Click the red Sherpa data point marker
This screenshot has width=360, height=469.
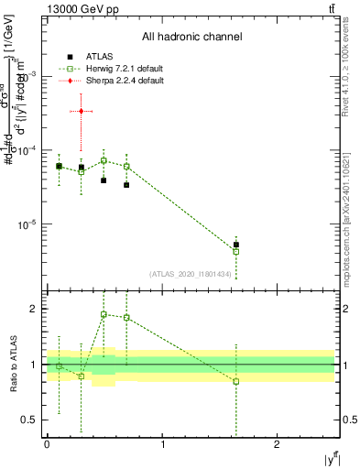(x=82, y=111)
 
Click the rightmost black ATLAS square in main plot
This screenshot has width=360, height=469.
(x=236, y=245)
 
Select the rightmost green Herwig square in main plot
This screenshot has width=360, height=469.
(x=236, y=251)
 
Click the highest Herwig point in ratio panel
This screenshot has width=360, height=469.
(x=104, y=314)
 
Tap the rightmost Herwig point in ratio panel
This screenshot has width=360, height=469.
(x=236, y=381)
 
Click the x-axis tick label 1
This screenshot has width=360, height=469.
(x=162, y=444)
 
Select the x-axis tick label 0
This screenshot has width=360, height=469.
(x=47, y=444)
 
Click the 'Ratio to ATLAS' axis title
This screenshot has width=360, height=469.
(x=12, y=364)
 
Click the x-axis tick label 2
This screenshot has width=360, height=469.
(x=277, y=444)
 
